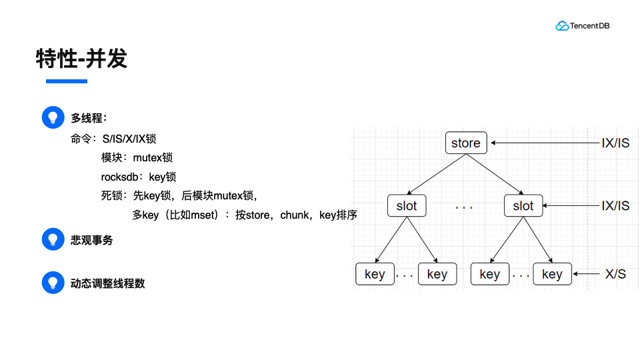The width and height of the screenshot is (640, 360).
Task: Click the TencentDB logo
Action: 582,26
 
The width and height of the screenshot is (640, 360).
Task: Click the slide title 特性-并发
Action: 81,59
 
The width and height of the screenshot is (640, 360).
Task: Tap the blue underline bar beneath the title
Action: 66,81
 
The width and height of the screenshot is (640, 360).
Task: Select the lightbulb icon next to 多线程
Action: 53,117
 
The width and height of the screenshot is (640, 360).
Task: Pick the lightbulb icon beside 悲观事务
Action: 53,240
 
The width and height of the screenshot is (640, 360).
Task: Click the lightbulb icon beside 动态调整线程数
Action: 53,283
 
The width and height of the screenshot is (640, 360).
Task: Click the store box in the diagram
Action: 466,143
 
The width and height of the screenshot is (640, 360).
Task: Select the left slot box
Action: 407,206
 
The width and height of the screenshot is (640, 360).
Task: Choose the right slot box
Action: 523,206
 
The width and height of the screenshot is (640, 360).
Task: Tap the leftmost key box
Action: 375,274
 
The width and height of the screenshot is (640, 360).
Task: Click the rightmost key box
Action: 552,274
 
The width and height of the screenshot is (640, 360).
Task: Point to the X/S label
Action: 615,274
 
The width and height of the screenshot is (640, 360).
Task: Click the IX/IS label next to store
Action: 615,143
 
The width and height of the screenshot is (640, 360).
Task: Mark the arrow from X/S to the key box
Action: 587,274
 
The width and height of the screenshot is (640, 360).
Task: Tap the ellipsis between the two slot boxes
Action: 464,207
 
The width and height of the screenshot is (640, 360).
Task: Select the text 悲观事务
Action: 92,240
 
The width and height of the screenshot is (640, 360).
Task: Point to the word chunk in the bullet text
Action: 295,215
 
